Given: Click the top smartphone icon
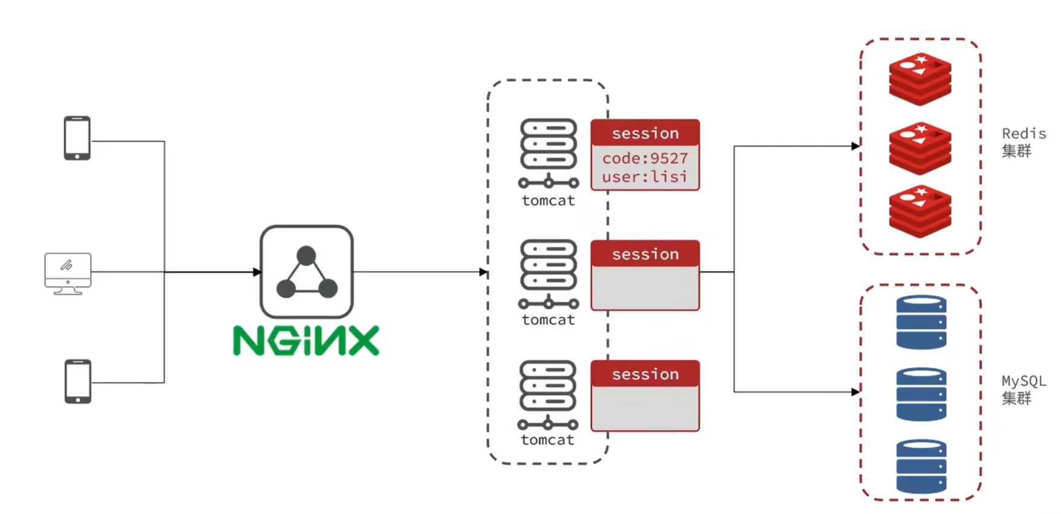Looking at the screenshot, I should pyautogui.click(x=77, y=138).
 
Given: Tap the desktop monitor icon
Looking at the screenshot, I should pyautogui.click(x=68, y=273).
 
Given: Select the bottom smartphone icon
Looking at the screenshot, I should pyautogui.click(x=78, y=381).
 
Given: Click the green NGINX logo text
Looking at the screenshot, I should pyautogui.click(x=306, y=340).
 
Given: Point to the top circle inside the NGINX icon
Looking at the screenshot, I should pyautogui.click(x=306, y=256).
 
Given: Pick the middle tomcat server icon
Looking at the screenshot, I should pyautogui.click(x=548, y=274).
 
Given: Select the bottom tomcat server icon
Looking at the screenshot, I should pyautogui.click(x=547, y=395).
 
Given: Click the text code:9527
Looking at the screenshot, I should pyautogui.click(x=645, y=158).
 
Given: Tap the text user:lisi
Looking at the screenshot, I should pyautogui.click(x=645, y=177).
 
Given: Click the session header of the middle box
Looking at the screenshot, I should pyautogui.click(x=645, y=254).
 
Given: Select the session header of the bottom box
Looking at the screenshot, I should pyautogui.click(x=645, y=374).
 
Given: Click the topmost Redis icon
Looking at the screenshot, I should pyautogui.click(x=920, y=79).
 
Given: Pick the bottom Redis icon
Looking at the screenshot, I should pyautogui.click(x=920, y=211).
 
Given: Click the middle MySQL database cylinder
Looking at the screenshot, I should pyautogui.click(x=921, y=394).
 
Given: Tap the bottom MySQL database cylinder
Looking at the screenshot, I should pyautogui.click(x=921, y=466).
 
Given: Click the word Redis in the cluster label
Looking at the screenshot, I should pyautogui.click(x=1024, y=134).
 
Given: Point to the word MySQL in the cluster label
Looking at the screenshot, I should pyautogui.click(x=1024, y=381).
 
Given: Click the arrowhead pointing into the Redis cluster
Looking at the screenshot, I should pyautogui.click(x=856, y=146).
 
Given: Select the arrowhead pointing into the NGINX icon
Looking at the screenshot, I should pyautogui.click(x=257, y=272).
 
